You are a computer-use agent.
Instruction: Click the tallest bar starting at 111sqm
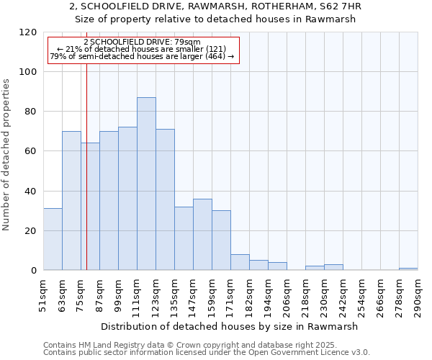[146, 184]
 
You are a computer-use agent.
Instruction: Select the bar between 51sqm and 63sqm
[53, 239]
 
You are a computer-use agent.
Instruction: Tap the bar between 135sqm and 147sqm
[184, 238]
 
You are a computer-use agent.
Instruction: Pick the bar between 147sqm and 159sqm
[202, 235]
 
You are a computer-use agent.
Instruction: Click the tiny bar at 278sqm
[408, 269]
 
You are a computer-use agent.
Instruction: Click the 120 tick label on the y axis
[28, 32]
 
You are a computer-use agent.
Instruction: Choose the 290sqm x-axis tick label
[418, 295]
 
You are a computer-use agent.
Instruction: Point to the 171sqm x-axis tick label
[230, 295]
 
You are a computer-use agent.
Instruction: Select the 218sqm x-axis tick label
[305, 295]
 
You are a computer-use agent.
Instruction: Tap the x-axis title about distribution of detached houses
[230, 326]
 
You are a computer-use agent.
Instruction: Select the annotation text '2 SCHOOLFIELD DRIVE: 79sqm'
[142, 42]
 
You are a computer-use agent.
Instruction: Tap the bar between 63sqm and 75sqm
[71, 201]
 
